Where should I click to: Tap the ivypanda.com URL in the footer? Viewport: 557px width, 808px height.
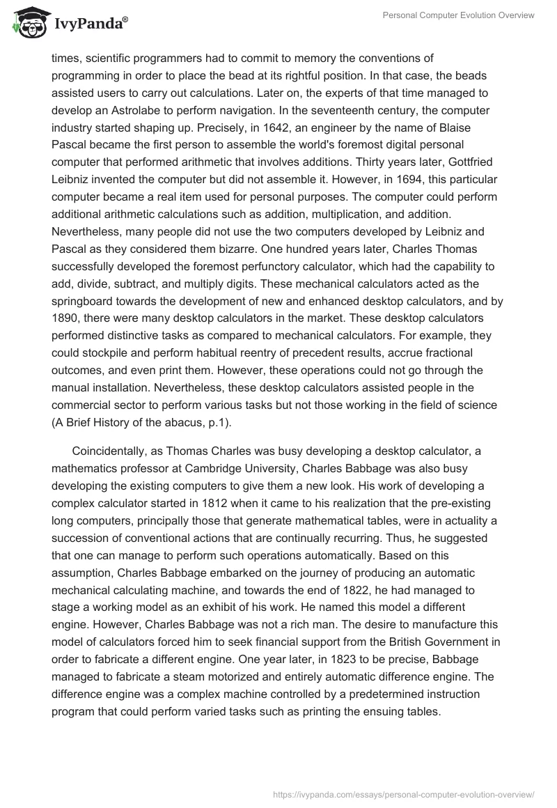pos(405,793)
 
